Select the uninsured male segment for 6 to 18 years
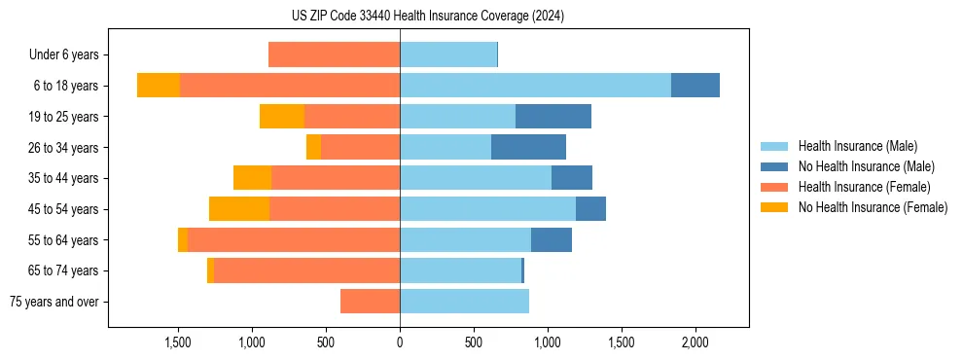[695, 86]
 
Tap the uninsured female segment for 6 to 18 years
[159, 86]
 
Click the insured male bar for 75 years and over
[464, 302]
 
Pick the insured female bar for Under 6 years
[334, 54]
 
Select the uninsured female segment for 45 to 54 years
[239, 209]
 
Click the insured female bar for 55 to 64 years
[294, 240]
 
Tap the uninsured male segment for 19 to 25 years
[553, 117]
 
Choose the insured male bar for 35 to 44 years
[476, 178]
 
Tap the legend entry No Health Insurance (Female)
[873, 207]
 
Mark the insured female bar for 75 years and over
[370, 302]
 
